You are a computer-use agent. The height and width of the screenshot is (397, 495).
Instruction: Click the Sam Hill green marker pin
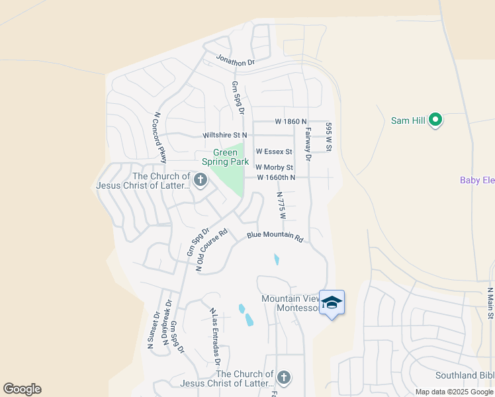tap(435, 120)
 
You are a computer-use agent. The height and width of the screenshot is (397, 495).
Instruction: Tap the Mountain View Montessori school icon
tap(332, 303)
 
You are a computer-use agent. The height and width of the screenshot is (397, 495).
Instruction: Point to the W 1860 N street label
tap(291, 122)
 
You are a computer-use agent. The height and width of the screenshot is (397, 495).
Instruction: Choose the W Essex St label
tap(274, 152)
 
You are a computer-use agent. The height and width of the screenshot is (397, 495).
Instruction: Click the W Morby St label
tap(274, 167)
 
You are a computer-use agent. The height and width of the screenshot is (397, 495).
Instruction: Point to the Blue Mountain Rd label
tap(275, 236)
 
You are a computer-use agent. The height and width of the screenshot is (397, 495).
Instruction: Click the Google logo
tap(22, 389)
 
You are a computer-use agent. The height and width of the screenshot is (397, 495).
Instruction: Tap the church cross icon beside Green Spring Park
tap(201, 179)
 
